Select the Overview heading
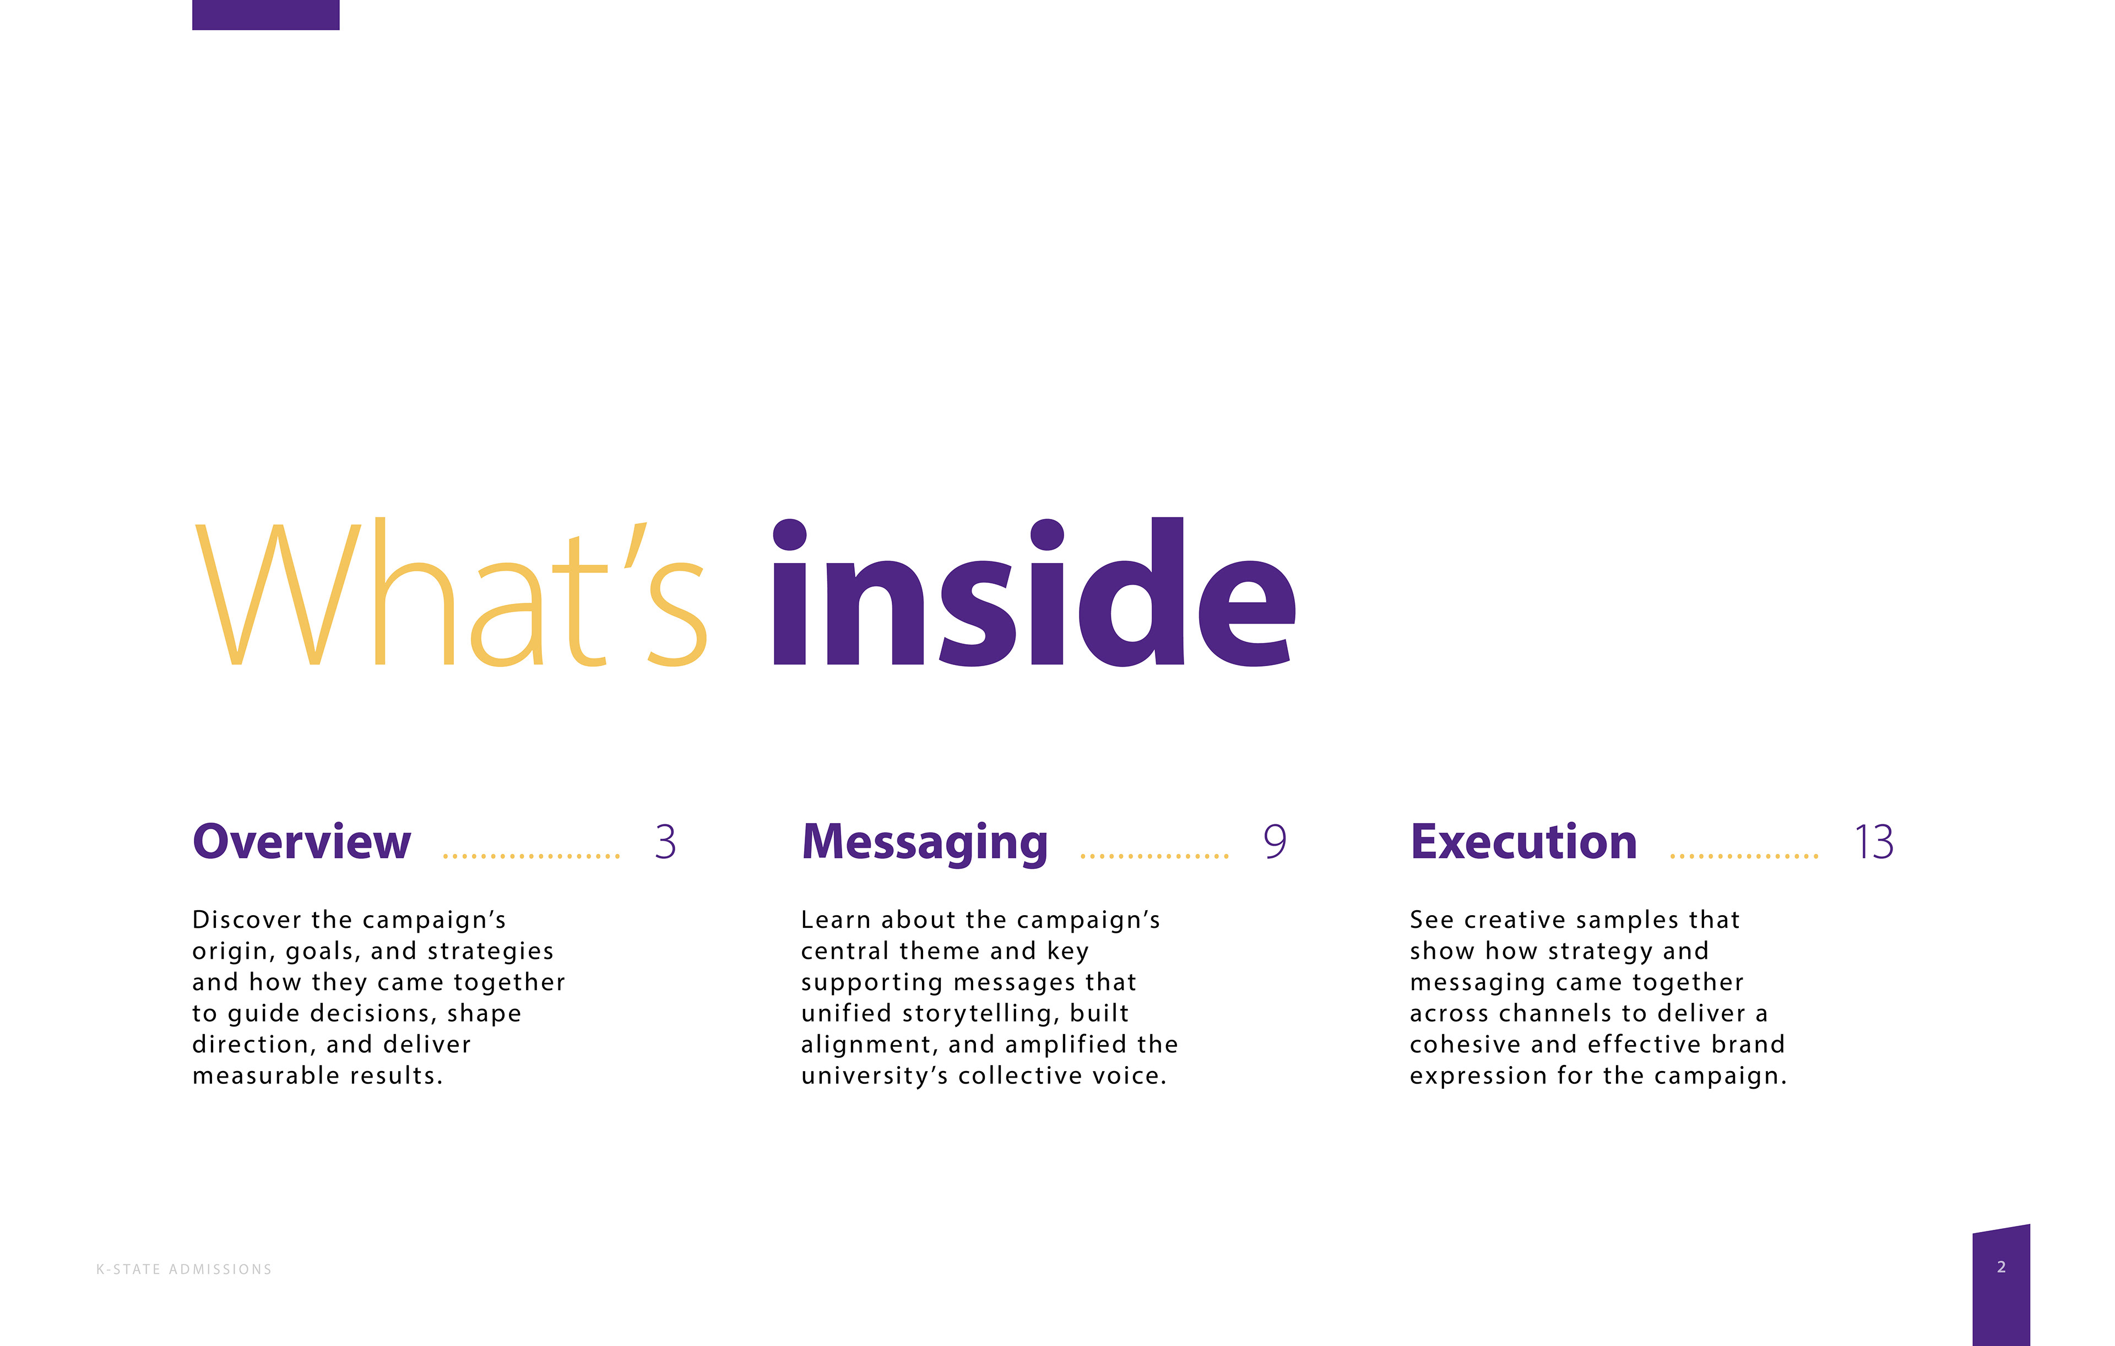(x=301, y=842)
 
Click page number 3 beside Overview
(x=665, y=842)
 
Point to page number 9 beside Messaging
(x=1275, y=842)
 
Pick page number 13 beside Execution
(x=1873, y=842)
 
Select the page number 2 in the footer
(x=2001, y=1267)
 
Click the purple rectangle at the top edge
(x=265, y=14)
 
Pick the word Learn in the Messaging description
(x=834, y=920)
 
